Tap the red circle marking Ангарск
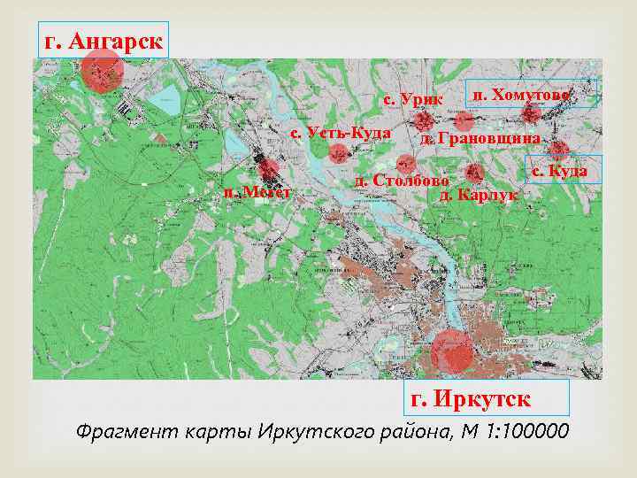[x=103, y=70]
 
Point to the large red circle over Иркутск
[x=452, y=352]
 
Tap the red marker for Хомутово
[x=531, y=113]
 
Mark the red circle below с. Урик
[x=425, y=120]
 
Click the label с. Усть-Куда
[x=341, y=132]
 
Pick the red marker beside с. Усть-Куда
[x=338, y=152]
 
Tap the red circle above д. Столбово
[x=406, y=163]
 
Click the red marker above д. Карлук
[x=474, y=173]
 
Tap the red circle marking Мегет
[x=268, y=167]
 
